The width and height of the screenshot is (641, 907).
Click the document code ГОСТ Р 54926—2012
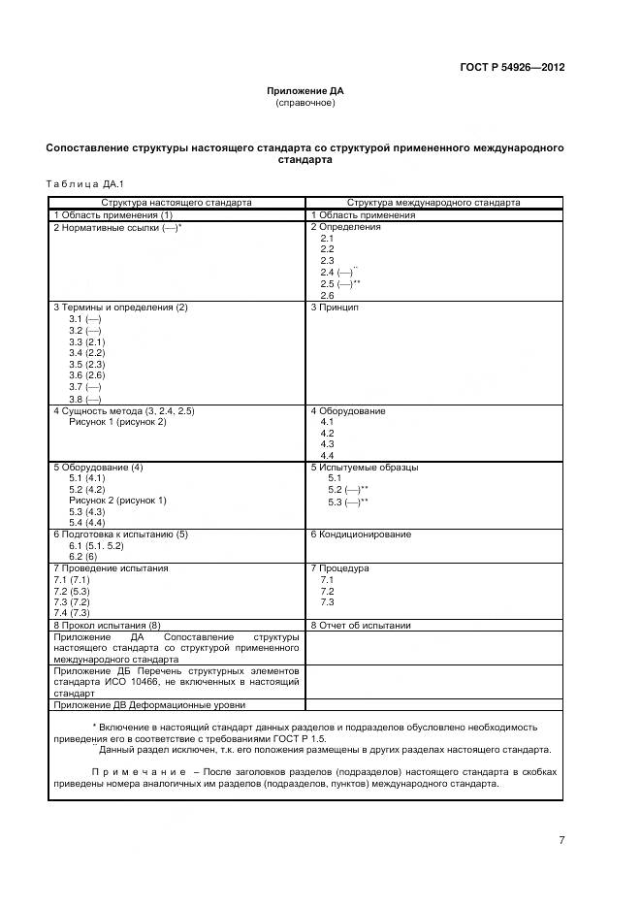pos(512,67)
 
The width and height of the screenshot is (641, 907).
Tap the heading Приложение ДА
pos(305,91)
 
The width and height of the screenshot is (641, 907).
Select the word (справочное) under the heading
pos(305,103)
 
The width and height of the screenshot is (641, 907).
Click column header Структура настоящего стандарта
pos(176,203)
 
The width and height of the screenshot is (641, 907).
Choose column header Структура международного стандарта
pos(433,203)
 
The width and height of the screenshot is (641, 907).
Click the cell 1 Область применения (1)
pos(112,214)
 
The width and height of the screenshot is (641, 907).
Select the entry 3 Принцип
pos(335,308)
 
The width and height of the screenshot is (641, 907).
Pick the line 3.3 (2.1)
pos(86,342)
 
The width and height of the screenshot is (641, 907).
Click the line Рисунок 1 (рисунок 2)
pos(117,422)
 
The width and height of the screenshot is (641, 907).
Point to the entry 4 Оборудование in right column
pos(347,411)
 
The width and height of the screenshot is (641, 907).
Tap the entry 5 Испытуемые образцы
pos(364,468)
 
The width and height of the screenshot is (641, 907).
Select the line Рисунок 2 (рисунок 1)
pos(117,501)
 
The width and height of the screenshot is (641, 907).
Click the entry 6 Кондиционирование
pos(361,534)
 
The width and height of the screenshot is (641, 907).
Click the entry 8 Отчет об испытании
pos(360,626)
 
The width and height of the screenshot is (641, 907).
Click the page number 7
pos(561,840)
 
